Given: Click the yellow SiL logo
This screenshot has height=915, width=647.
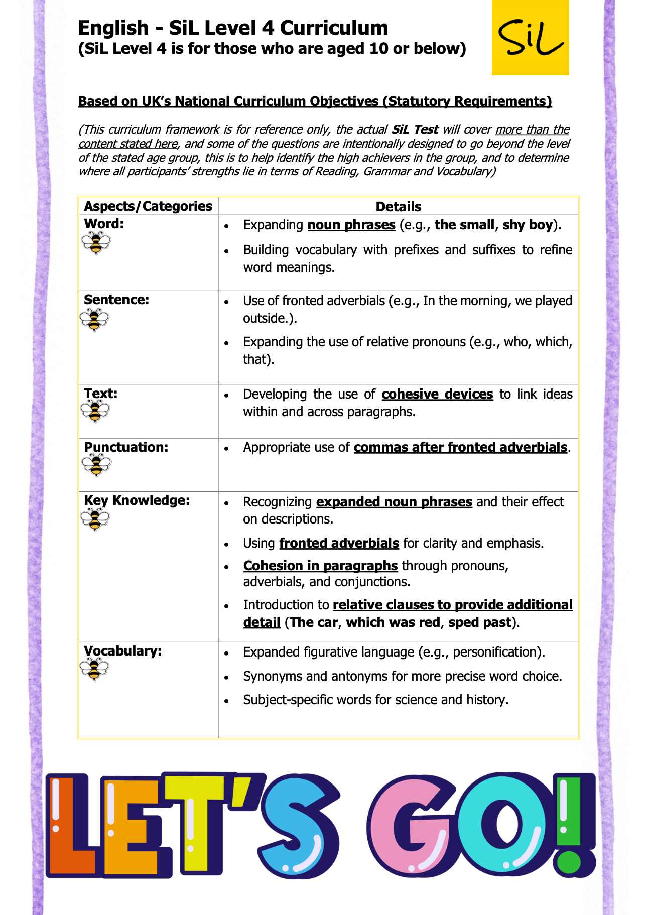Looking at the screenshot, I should (x=530, y=38).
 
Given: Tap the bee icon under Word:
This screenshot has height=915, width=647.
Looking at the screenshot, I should (x=96, y=244).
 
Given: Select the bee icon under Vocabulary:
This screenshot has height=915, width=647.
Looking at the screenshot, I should (x=94, y=670).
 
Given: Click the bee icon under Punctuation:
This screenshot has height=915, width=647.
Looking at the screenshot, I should (x=96, y=465).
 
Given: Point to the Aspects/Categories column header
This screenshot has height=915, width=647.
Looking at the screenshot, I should (x=148, y=206).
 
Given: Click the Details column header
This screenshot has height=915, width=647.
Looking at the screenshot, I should (x=398, y=207).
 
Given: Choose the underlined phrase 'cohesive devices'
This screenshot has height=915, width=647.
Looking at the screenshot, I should (x=437, y=394).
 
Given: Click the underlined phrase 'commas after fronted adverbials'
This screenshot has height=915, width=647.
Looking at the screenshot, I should (x=460, y=447).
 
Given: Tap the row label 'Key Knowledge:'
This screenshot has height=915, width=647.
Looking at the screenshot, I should (x=137, y=500).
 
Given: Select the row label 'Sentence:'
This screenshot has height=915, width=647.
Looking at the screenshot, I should (x=116, y=300).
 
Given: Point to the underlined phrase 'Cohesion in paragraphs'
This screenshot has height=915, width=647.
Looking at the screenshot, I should (x=320, y=566).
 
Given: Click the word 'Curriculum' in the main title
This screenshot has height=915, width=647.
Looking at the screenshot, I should (x=334, y=28).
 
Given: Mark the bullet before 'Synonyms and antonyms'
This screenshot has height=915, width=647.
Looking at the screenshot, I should (x=227, y=677).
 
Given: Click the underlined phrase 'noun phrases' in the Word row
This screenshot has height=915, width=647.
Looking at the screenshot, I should (x=351, y=225).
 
